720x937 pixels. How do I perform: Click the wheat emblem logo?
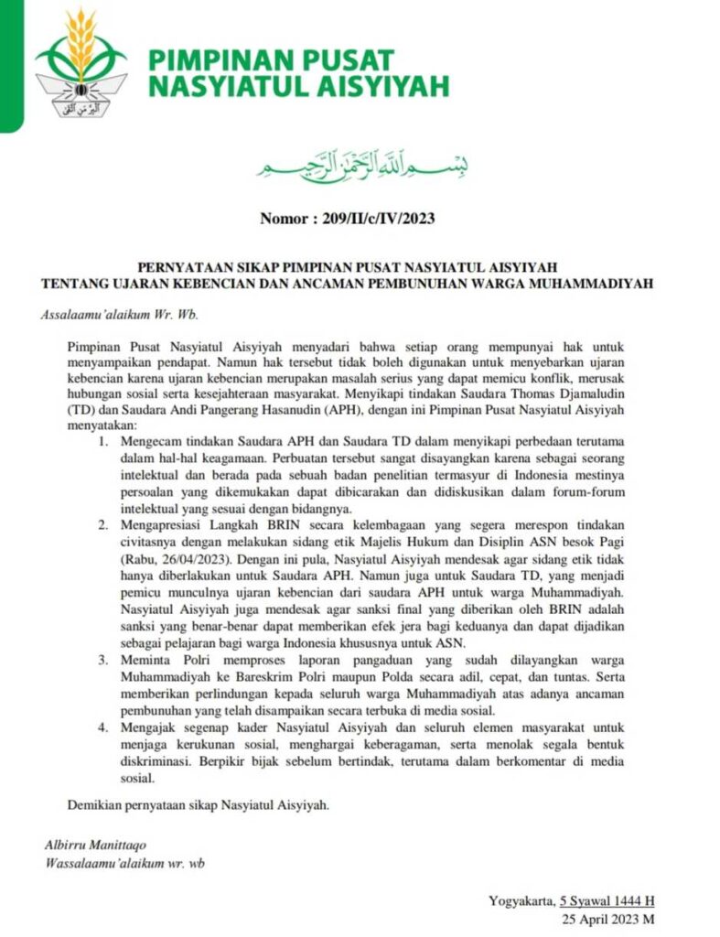tap(81, 64)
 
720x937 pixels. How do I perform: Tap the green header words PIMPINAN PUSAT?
tap(272, 61)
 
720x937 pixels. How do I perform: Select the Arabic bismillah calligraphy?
tap(360, 164)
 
